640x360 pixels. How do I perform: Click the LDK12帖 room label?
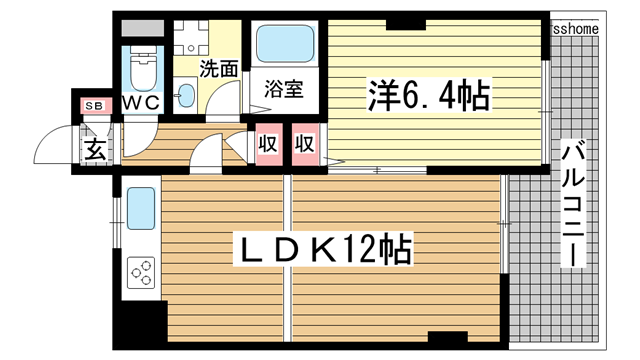321,250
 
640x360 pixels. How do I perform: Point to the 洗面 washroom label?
218,69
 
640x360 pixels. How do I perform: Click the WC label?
140,103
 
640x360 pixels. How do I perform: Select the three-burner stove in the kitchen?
141,271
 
